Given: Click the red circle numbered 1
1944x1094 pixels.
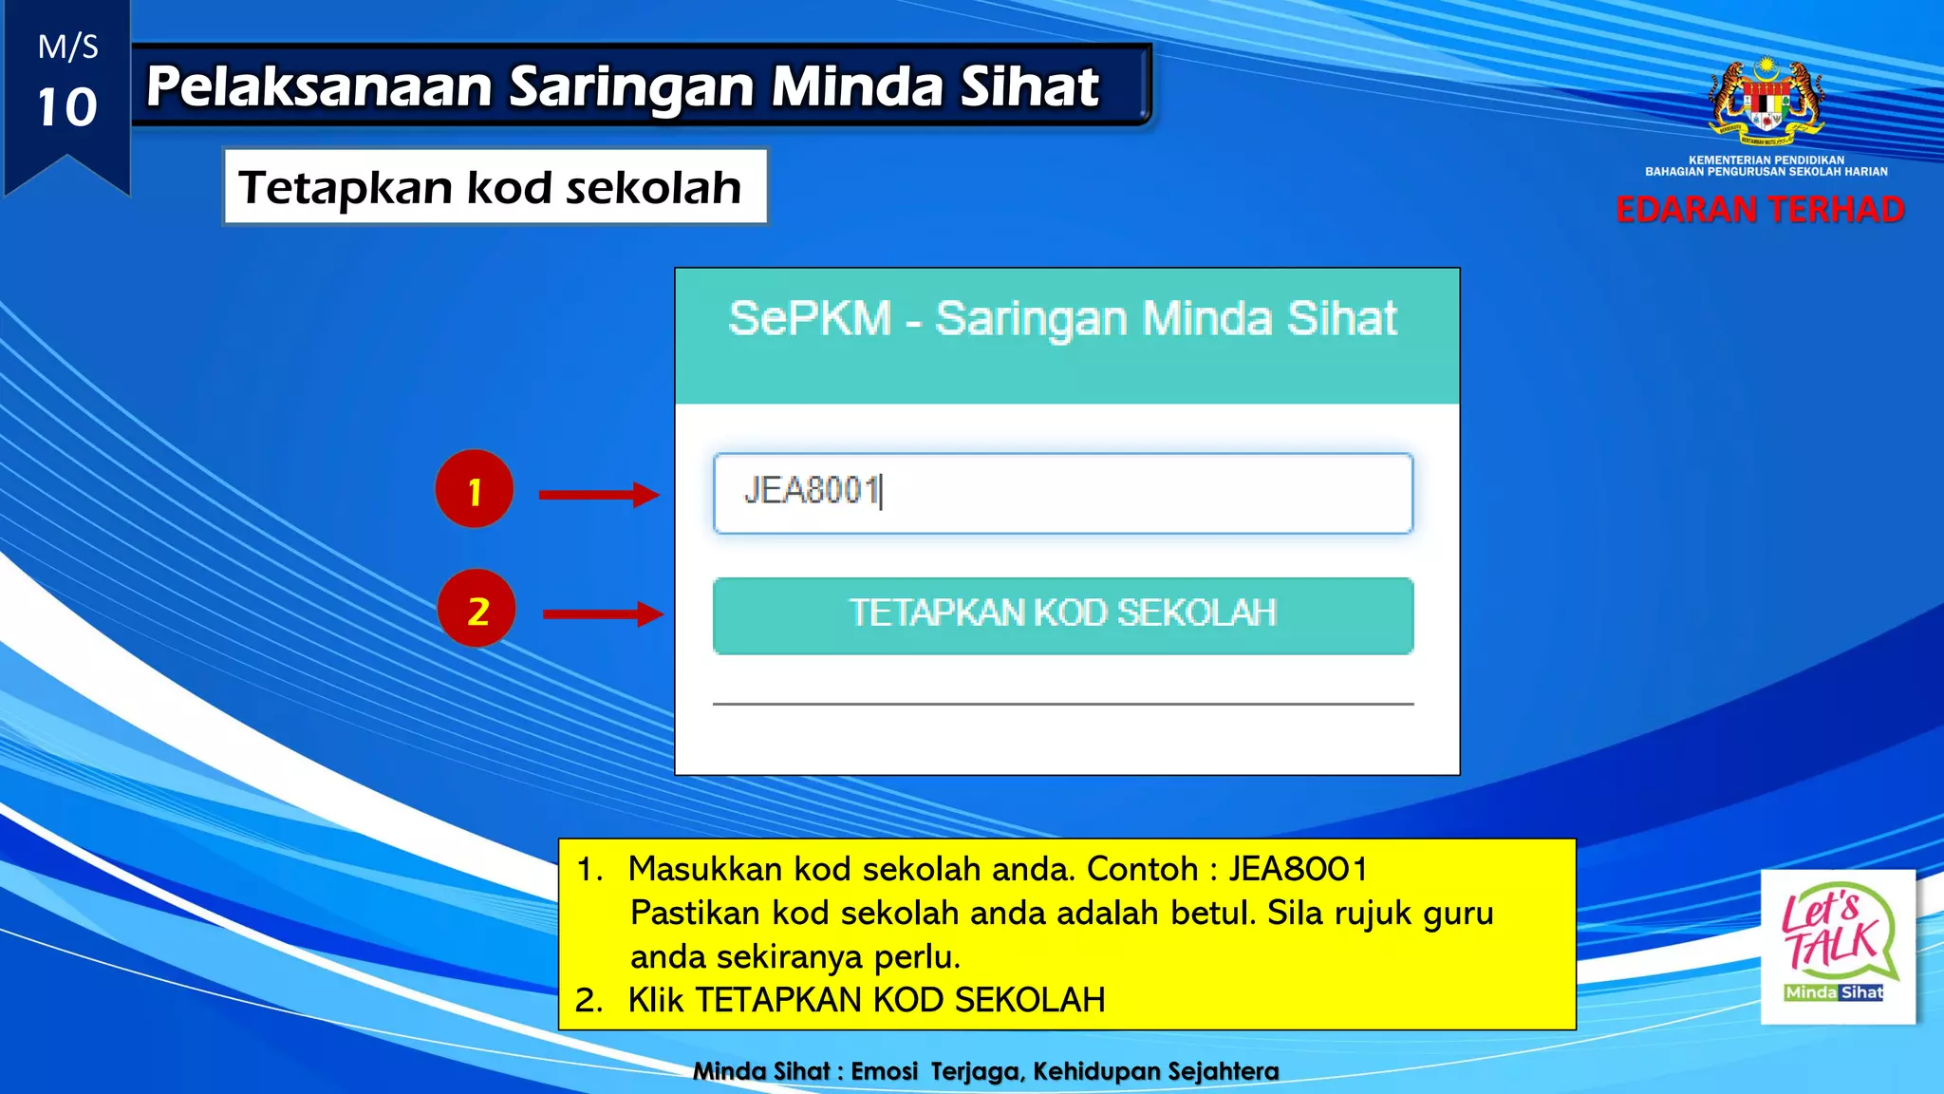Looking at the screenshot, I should (474, 489).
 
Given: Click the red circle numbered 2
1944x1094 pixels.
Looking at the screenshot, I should (477, 609).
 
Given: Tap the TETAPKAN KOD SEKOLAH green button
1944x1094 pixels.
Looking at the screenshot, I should (1062, 614).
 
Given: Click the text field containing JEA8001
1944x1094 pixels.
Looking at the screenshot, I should (1062, 493).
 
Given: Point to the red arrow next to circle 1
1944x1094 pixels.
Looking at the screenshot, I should (598, 494).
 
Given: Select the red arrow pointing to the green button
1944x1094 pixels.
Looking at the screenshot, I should (602, 614).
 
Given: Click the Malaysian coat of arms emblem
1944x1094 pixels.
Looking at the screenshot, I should (1766, 100).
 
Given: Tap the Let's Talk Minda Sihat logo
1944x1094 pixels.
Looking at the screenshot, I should (1837, 946).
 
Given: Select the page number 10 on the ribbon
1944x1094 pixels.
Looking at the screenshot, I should (66, 106).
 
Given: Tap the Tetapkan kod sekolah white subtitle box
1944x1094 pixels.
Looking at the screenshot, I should (494, 186).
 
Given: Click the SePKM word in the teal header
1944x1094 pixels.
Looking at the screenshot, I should (810, 318).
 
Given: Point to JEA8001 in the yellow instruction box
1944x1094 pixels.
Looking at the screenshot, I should (1297, 868).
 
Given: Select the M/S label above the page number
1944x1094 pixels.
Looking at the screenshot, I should (67, 47).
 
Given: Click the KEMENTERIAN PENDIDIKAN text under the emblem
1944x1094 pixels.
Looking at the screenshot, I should (1766, 160).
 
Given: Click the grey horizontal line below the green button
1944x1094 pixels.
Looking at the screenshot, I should (1062, 704).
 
